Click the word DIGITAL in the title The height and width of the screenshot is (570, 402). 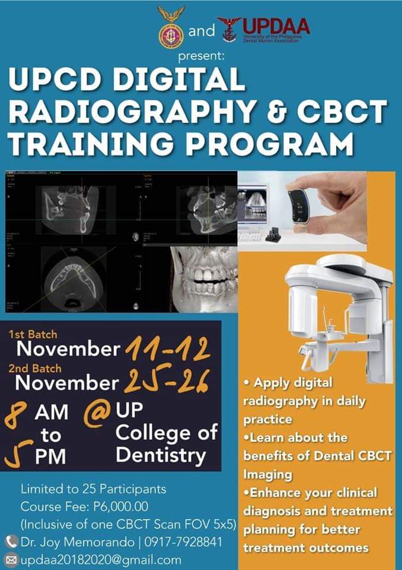click(195, 80)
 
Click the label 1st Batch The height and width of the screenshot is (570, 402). click(33, 335)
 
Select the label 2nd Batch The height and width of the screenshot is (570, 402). click(35, 368)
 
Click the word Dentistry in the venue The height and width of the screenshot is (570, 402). click(161, 456)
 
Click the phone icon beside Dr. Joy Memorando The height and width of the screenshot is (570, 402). click(11, 541)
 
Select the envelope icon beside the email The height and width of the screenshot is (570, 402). click(11, 559)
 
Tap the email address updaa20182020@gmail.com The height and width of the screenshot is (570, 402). click(101, 559)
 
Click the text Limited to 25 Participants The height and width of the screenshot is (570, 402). click(94, 490)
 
